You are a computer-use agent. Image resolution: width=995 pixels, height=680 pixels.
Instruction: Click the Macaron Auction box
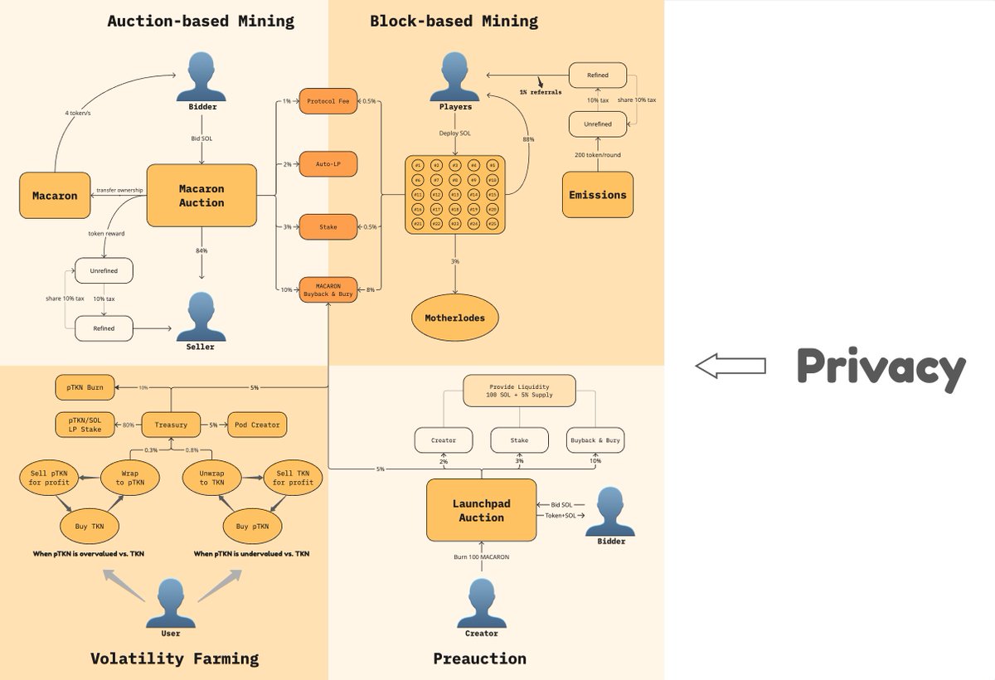click(x=201, y=195)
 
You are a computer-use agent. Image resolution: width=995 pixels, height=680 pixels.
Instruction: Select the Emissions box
click(x=597, y=195)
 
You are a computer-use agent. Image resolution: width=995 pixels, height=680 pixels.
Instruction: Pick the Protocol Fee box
click(x=328, y=101)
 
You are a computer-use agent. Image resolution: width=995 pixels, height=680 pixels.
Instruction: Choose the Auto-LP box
click(x=328, y=164)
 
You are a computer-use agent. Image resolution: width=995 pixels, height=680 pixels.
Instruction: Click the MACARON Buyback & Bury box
click(x=328, y=289)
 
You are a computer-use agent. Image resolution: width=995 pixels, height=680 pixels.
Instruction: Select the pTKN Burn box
click(x=85, y=386)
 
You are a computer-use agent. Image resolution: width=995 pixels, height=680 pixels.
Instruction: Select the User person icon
click(x=170, y=603)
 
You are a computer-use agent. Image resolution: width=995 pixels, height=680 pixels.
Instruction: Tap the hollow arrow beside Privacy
click(x=730, y=366)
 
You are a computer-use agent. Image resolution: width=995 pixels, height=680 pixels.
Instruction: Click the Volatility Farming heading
click(x=174, y=658)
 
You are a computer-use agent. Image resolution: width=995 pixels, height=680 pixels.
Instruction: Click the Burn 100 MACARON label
click(x=481, y=556)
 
